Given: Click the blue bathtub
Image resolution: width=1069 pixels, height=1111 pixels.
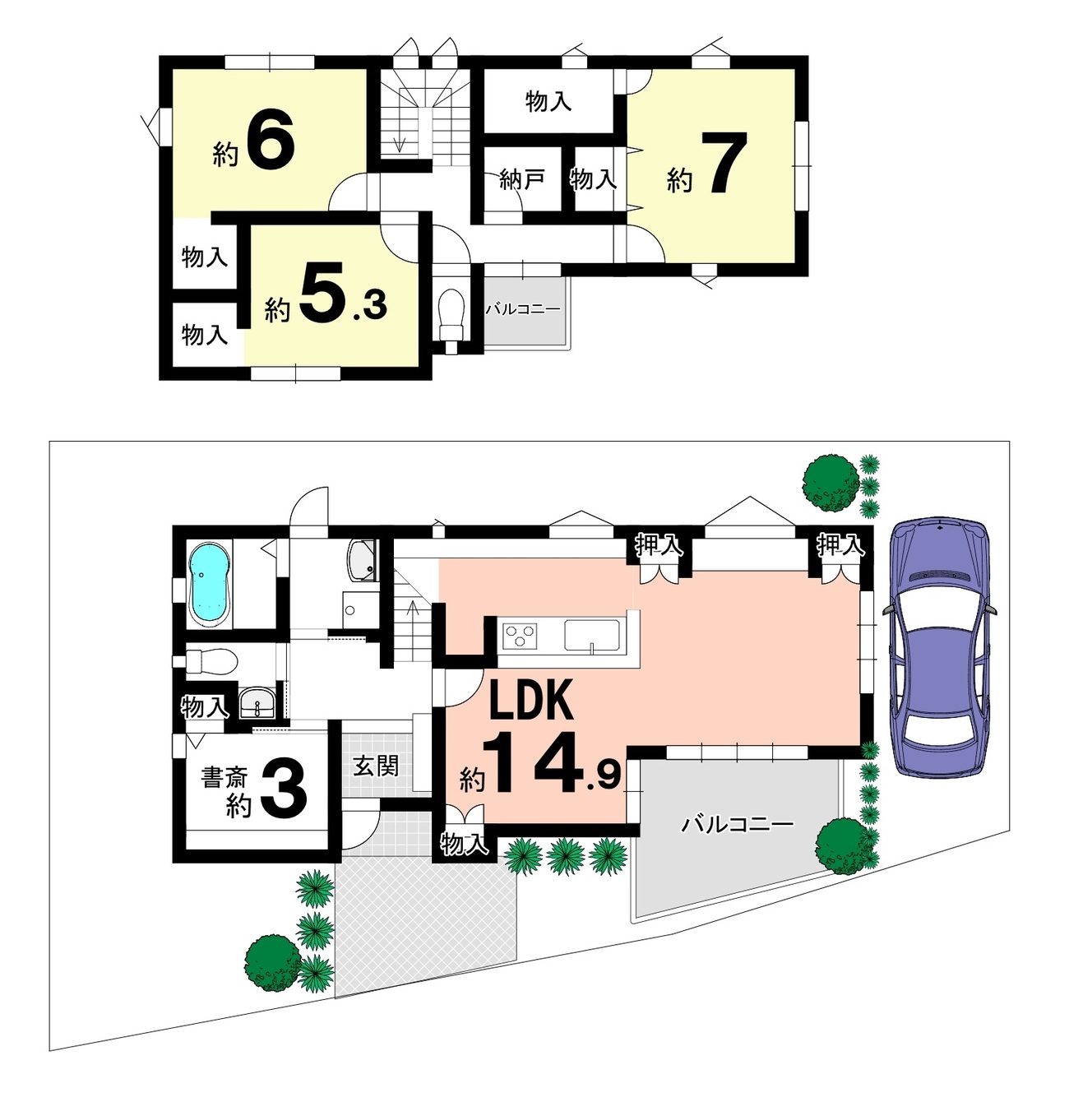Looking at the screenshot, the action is [x=210, y=584].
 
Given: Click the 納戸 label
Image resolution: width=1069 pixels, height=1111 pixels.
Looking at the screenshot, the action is [x=521, y=180].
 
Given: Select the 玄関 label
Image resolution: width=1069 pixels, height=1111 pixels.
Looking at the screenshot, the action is [x=376, y=766].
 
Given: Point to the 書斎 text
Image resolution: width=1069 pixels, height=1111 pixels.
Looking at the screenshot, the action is [x=224, y=778].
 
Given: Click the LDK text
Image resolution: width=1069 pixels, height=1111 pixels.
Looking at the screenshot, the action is [x=530, y=701].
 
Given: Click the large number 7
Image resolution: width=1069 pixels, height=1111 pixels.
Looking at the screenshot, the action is [x=724, y=163].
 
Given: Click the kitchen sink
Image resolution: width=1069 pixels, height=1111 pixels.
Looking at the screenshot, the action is [x=592, y=636].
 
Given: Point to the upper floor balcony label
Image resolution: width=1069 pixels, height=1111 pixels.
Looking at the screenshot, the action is [x=523, y=309].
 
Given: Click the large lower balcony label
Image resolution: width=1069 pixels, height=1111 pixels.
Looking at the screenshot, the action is [x=738, y=824].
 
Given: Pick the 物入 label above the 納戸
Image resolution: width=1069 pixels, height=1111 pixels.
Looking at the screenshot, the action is [x=548, y=102].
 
